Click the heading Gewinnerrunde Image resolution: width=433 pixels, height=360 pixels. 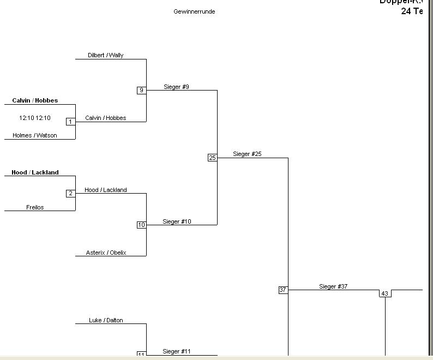(194, 11)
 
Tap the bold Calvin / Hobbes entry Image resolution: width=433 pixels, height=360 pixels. (35, 100)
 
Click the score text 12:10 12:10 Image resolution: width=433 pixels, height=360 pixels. (35, 118)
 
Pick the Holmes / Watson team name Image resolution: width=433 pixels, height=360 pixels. (35, 135)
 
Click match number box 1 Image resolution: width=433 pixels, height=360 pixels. (70, 122)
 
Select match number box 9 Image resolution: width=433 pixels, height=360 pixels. (141, 90)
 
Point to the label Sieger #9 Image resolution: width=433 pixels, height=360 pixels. (176, 87)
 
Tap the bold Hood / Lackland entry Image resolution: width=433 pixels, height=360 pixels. (35, 172)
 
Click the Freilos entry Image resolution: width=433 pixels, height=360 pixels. (35, 207)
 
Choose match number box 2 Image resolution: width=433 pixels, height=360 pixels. (70, 193)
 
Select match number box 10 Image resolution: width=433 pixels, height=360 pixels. (141, 225)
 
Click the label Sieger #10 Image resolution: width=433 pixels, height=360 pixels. (177, 221)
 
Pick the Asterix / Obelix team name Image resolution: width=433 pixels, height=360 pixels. (106, 253)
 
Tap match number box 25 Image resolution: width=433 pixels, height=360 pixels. (212, 158)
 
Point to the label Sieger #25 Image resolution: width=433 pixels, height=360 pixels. (247, 154)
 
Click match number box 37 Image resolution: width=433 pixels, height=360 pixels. (282, 290)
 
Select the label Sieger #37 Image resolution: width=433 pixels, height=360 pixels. (333, 286)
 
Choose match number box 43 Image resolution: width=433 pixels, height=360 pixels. (384, 293)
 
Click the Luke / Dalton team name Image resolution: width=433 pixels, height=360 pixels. (106, 320)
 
